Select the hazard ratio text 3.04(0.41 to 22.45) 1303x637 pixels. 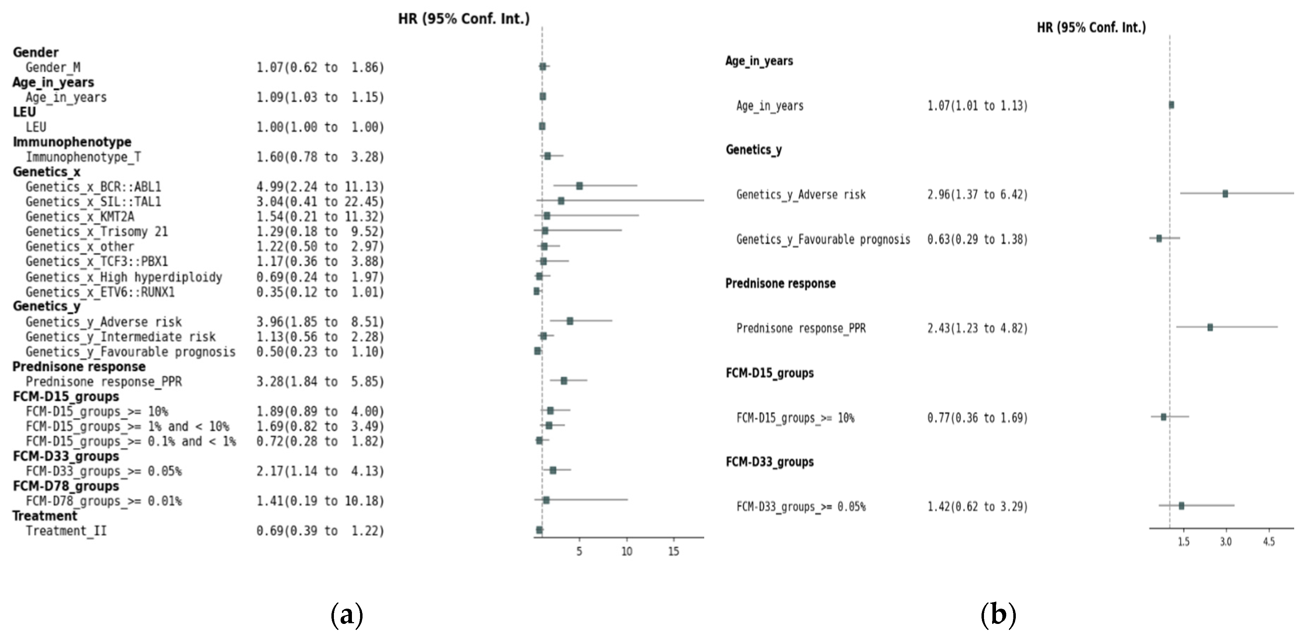click(320, 202)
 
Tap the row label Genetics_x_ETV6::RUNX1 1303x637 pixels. click(100, 292)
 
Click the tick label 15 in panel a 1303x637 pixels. click(673, 551)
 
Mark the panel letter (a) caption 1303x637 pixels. click(347, 615)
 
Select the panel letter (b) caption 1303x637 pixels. click(998, 615)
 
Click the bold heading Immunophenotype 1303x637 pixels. click(72, 142)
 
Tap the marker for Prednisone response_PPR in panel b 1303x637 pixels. click(1210, 327)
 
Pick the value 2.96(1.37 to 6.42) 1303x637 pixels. click(977, 195)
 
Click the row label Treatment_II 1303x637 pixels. click(66, 531)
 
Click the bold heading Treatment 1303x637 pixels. click(45, 516)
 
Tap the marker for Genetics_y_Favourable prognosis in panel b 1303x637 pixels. click(1159, 238)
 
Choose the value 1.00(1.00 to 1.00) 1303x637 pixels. click(320, 127)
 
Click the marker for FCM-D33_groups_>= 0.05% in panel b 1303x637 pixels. click(1181, 505)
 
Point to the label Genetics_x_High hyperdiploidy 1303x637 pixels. click(124, 277)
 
